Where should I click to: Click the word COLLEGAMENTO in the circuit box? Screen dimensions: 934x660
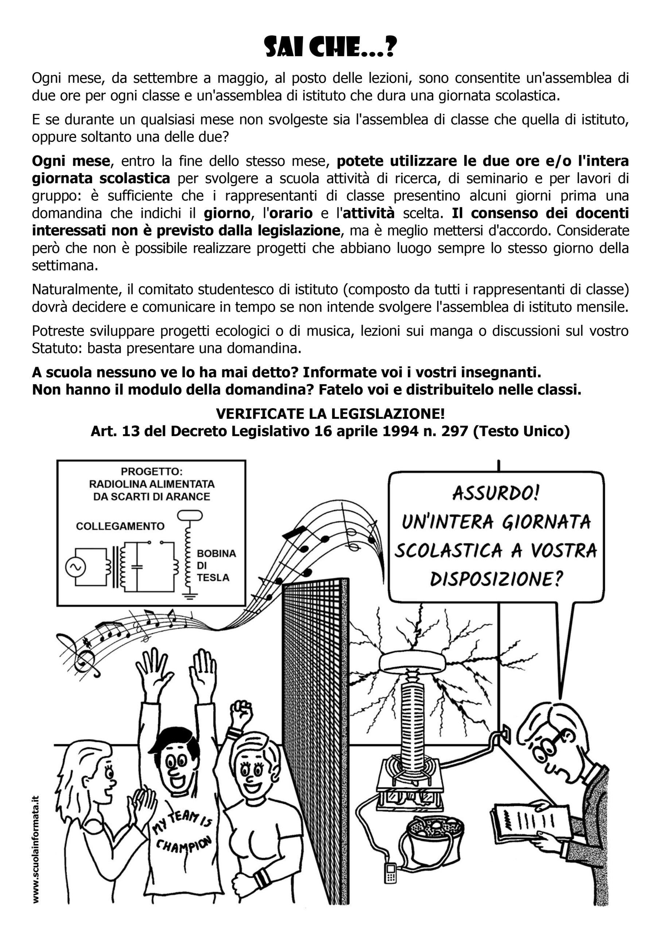(x=120, y=526)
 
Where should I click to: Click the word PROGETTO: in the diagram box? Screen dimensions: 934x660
(x=152, y=471)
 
